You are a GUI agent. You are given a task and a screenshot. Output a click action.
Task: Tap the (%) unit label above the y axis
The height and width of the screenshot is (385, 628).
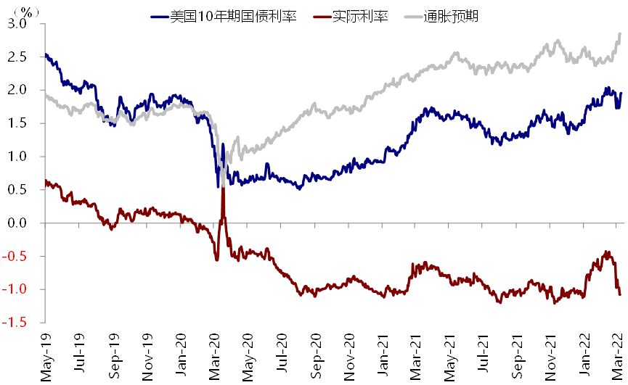(x=27, y=12)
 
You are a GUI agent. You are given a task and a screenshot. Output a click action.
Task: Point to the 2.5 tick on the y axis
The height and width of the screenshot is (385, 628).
(x=18, y=57)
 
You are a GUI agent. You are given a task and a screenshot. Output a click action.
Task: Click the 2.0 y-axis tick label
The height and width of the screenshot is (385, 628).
(x=18, y=90)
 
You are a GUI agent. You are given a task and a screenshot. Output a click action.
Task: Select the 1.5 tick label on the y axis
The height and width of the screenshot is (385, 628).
(x=18, y=123)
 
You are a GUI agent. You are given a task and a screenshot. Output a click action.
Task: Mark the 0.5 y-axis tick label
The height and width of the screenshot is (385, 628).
(x=18, y=190)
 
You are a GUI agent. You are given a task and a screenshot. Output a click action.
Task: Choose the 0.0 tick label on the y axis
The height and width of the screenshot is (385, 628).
(x=18, y=223)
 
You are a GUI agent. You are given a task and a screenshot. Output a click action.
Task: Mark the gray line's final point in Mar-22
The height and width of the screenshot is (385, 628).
(x=620, y=33)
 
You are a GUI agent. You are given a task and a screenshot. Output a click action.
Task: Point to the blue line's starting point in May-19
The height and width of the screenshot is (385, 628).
(x=45, y=54)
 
